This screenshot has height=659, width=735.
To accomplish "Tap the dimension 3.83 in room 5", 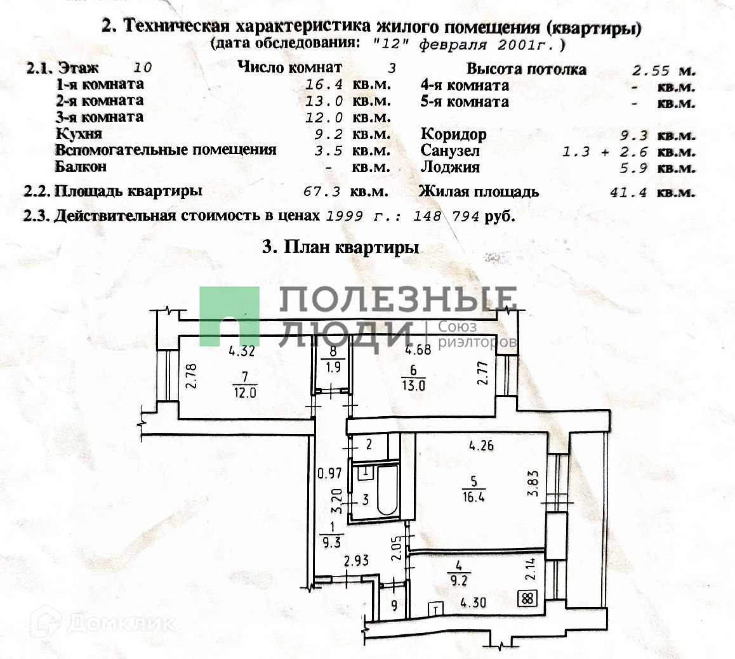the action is click(534, 483).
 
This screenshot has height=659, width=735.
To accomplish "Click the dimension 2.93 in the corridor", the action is click(357, 560).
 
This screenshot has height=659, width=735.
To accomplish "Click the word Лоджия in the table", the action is click(450, 168).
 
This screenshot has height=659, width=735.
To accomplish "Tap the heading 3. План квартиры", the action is click(340, 247).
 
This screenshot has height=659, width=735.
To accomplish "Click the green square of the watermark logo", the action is click(229, 316).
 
